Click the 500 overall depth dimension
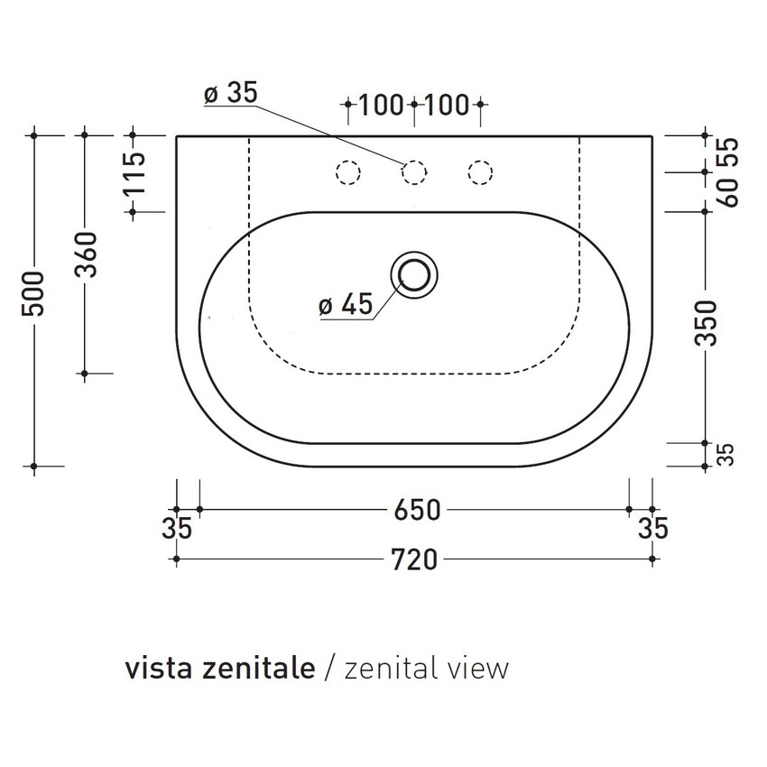[34, 294]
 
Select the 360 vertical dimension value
[85, 255]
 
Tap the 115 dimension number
[134, 174]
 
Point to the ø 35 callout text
[230, 94]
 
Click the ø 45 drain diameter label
[345, 305]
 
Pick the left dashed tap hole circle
[347, 171]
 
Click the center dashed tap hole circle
[413, 171]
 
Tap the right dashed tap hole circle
[480, 171]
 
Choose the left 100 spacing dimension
[380, 106]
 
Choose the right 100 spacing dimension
[447, 106]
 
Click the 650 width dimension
[415, 510]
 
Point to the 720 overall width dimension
[415, 560]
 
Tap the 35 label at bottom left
[179, 530]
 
